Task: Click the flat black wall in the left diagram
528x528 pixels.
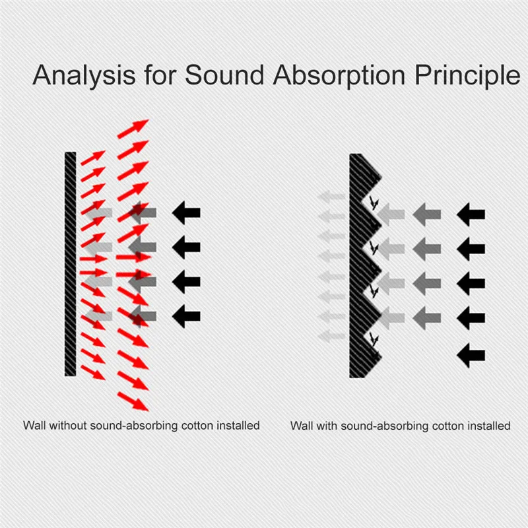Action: (x=71, y=264)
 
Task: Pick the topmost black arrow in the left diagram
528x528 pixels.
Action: (x=186, y=213)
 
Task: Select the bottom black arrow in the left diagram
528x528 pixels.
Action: (x=186, y=315)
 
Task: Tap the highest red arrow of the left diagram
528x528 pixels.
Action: (x=133, y=128)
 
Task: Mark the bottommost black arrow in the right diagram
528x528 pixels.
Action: (x=471, y=355)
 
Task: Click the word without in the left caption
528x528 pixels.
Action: (x=67, y=426)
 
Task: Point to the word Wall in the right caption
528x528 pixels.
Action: (x=301, y=426)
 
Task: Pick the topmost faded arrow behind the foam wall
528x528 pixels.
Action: (x=331, y=196)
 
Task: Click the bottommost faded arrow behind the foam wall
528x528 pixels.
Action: (x=331, y=336)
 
